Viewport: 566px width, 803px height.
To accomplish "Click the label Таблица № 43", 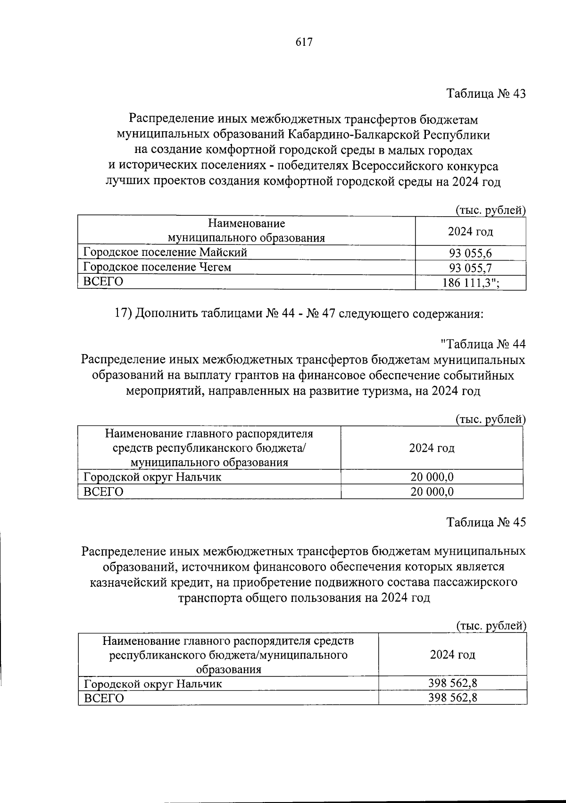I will tap(485, 93).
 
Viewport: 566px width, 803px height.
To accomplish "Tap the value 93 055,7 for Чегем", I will tap(470, 268).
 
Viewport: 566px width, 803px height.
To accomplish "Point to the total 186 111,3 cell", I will tap(470, 283).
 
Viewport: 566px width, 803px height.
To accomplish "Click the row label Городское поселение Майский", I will tap(165, 252).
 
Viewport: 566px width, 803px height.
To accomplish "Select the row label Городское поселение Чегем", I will tap(158, 267).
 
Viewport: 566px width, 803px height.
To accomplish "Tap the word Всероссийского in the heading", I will tap(393, 166).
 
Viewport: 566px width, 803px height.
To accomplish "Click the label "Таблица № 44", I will tap(483, 344).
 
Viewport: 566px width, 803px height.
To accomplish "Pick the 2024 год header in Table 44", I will tap(432, 448).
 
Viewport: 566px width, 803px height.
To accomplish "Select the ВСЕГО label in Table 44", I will tap(103, 492).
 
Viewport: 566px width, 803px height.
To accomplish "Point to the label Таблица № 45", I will tap(485, 523).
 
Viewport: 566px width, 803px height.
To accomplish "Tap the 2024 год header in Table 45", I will tap(452, 655).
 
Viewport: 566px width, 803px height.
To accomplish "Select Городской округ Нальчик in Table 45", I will tap(153, 684).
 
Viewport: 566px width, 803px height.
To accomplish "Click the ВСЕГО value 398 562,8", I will tap(452, 697).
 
